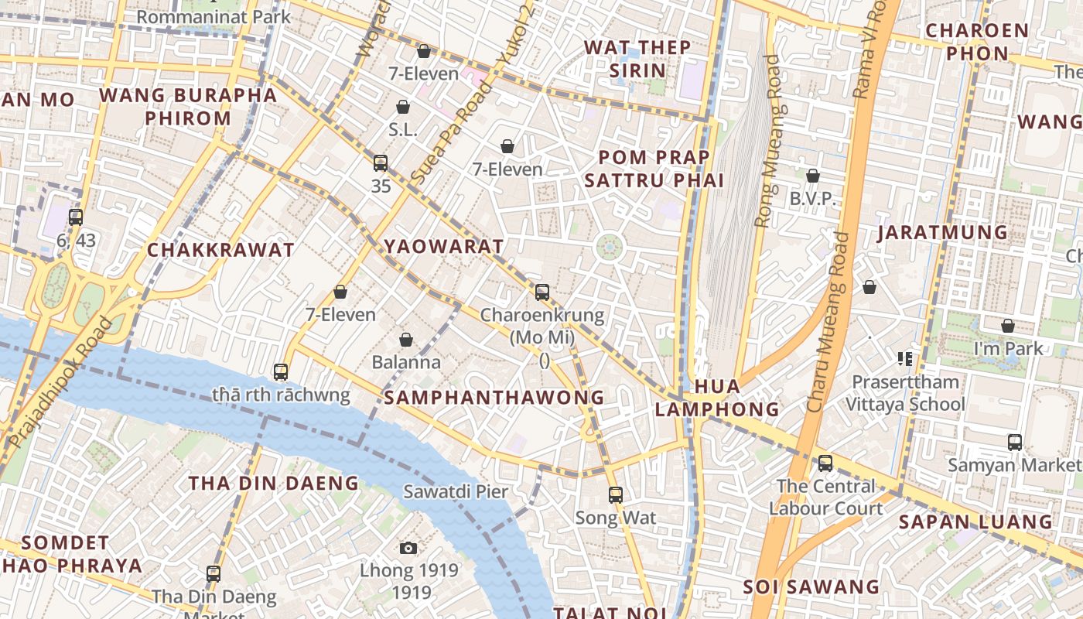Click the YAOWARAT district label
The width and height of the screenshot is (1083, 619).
point(444,247)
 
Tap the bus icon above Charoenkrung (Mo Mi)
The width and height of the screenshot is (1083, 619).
point(542,292)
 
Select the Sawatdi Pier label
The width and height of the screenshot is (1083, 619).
point(456,491)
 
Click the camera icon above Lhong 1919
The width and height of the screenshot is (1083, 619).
point(408,549)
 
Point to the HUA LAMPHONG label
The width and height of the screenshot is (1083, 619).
point(716,398)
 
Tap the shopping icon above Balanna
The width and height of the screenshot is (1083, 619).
point(406,340)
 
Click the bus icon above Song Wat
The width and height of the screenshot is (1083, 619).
point(615,495)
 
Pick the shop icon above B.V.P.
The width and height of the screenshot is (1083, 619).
point(812,176)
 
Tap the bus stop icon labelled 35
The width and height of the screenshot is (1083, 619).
point(381,163)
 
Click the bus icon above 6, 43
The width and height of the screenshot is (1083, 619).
point(76,217)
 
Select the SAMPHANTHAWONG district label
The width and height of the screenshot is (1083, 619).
point(494,398)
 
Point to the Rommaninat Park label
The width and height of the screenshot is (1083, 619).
point(214,16)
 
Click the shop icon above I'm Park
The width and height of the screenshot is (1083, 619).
point(1008,327)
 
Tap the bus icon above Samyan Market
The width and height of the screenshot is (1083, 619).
point(1015,443)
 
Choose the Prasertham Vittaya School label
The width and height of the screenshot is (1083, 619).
point(904,393)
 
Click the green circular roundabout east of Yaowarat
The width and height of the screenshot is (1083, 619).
point(610,248)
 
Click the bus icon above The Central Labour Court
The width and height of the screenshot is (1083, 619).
point(825,463)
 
